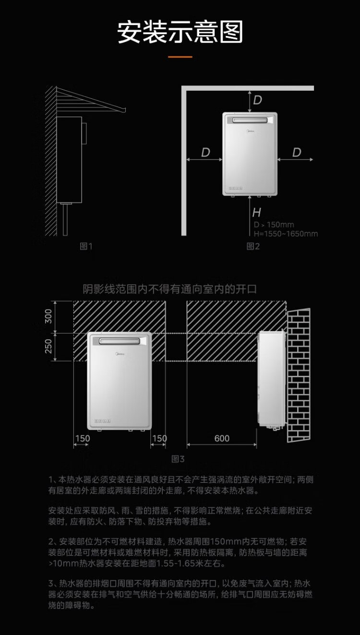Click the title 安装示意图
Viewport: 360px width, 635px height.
180,32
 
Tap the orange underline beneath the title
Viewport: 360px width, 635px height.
180,57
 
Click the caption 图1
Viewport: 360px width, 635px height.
86,247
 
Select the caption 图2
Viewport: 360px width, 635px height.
253,247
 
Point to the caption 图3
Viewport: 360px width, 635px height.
178,459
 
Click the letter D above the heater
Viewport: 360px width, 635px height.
258,100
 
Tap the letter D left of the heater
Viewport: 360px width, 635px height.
205,153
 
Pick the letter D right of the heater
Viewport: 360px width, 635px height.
297,153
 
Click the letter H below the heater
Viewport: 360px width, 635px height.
256,212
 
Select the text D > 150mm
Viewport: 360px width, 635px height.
274,225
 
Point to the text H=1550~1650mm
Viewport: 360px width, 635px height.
286,234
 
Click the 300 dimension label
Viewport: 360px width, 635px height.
48,316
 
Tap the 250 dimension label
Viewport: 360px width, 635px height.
48,346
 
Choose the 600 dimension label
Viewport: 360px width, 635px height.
222,438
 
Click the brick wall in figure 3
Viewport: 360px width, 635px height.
299,374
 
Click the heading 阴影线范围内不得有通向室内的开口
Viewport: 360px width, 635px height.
170,289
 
